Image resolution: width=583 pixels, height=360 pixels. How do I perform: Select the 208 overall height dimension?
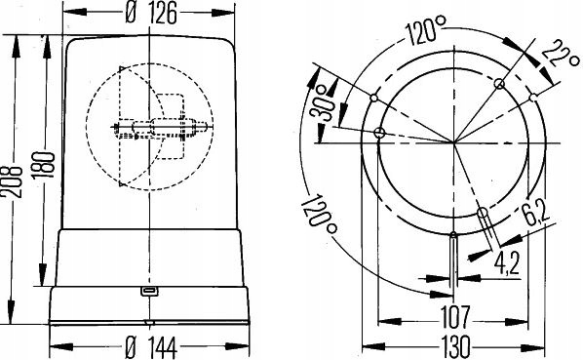coord(12,180)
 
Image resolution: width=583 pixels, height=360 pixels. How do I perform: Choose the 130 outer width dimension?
coord(456,344)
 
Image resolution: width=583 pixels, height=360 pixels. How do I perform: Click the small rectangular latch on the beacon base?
coord(149,290)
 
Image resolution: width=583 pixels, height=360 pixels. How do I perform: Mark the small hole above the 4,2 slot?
coord(454,234)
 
